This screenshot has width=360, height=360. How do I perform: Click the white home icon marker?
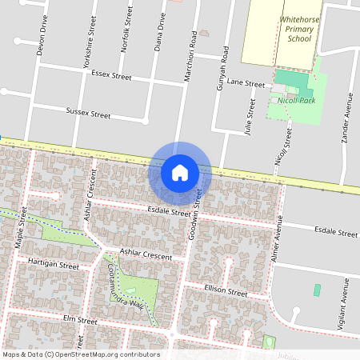click(180, 173)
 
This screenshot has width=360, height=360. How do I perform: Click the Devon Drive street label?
click(41, 37)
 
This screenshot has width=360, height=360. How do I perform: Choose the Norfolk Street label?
click(125, 30)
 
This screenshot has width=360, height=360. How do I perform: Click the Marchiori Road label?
click(191, 55)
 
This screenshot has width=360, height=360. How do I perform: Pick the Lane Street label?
click(245, 83)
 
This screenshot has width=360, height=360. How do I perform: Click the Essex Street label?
click(111, 76)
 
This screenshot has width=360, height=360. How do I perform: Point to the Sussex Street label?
click(88, 114)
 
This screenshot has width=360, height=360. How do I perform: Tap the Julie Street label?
click(250, 115)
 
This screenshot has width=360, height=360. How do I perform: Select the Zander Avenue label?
click(347, 117)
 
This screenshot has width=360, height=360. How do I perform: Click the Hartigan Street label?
click(53, 263)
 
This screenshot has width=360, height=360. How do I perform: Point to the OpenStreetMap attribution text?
click(80, 354)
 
